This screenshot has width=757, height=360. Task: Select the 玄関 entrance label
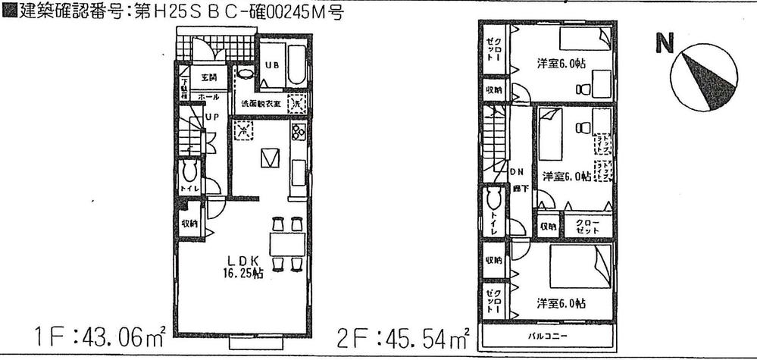click(208, 77)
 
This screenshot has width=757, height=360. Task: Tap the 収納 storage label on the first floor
click(189, 224)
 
